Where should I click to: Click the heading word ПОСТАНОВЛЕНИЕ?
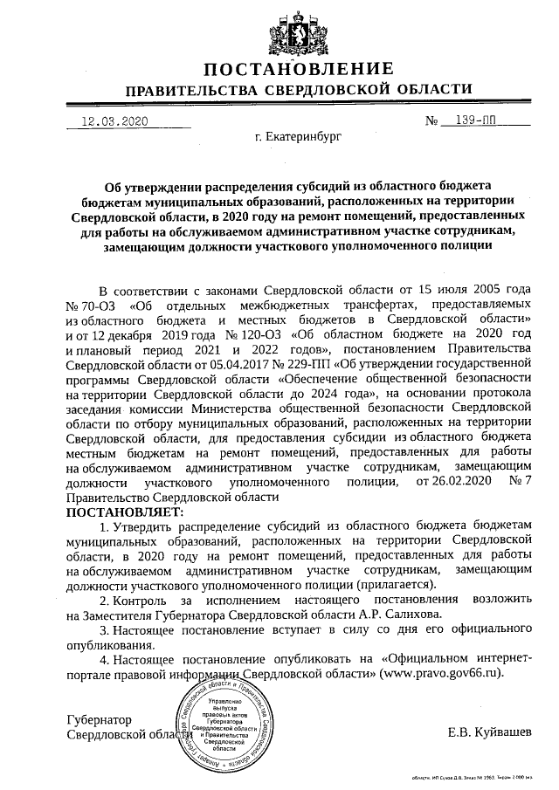[299, 69]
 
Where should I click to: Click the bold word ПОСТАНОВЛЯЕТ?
[121, 511]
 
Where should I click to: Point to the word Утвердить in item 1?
[139, 526]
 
